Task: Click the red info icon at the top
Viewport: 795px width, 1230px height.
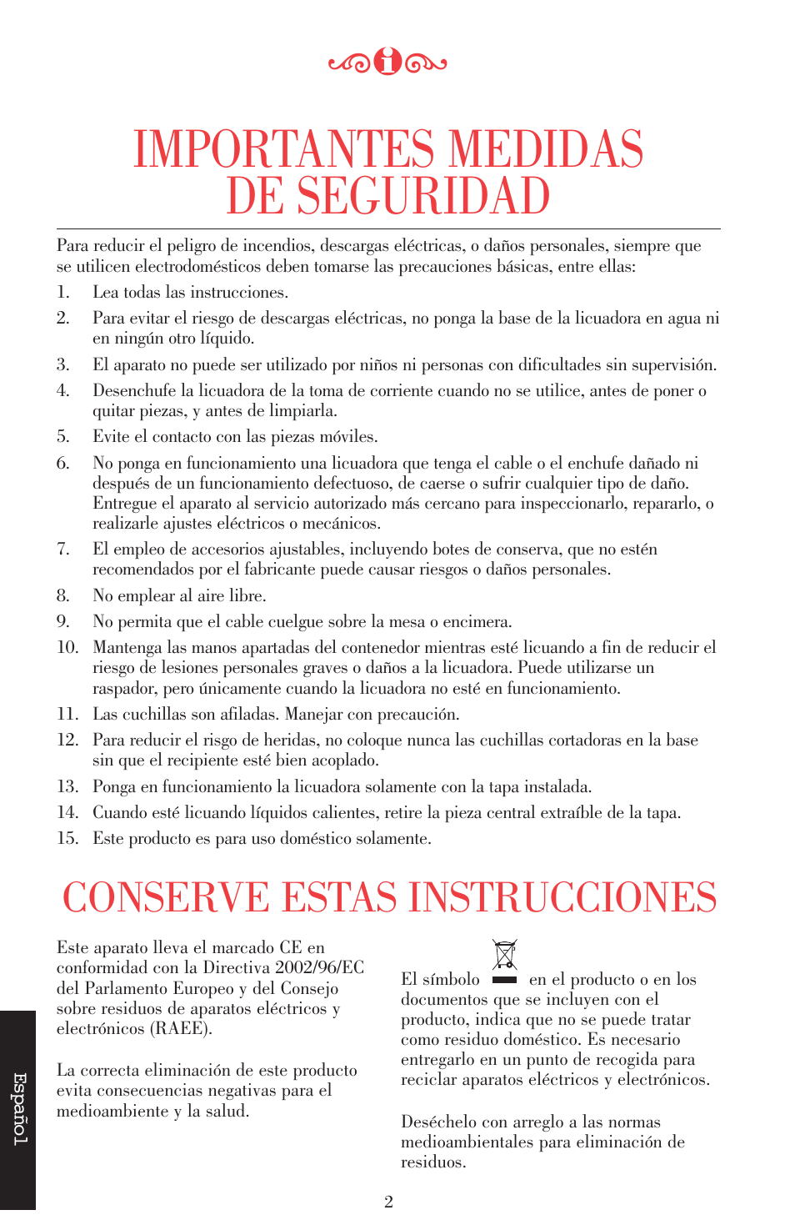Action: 387,61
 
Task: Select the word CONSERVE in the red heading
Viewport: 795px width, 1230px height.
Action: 166,898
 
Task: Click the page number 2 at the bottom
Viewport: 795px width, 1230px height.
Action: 388,1202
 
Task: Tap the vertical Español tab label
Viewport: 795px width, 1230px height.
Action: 19,1109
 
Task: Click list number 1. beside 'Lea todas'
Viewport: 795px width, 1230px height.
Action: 63,292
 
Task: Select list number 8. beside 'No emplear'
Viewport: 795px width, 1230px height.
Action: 63,595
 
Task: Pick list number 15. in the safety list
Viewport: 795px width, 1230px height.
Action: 67,838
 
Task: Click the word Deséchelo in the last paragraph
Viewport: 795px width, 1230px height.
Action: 439,1122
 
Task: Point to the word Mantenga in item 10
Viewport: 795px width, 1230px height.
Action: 127,647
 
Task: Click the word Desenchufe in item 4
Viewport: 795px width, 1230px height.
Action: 134,390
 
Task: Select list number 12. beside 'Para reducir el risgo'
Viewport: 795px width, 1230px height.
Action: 67,740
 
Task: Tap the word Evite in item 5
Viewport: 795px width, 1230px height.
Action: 111,436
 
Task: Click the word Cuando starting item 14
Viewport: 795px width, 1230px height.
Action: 120,812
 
